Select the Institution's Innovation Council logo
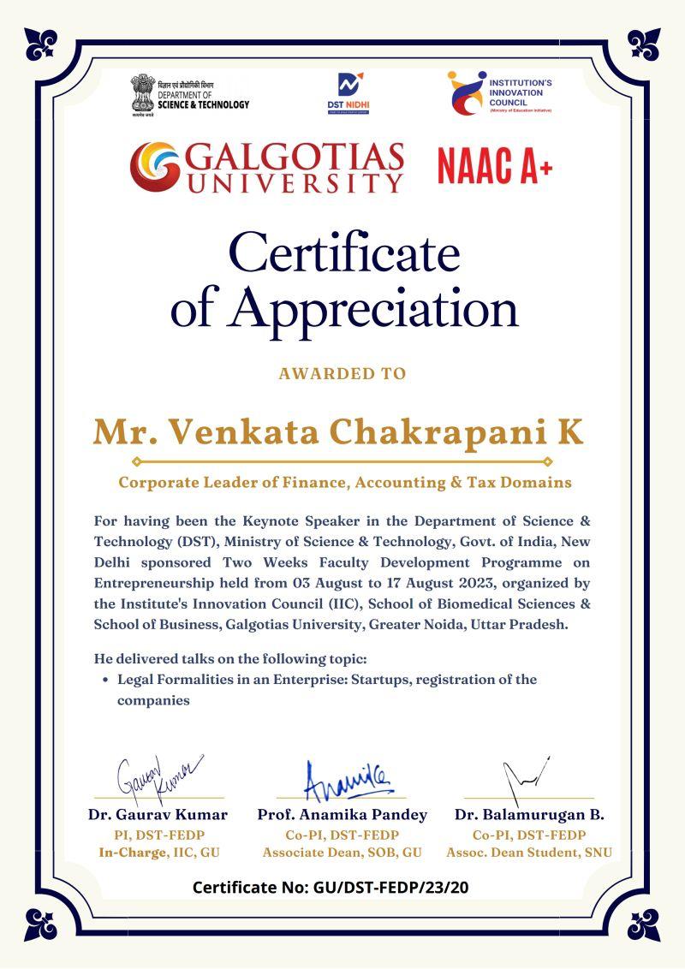[x=465, y=92]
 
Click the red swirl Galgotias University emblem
[x=155, y=166]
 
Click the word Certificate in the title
[x=344, y=254]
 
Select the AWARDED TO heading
[x=342, y=374]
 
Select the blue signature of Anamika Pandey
[x=347, y=778]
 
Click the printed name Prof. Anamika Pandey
[x=342, y=815]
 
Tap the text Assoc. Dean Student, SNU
[x=529, y=853]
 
